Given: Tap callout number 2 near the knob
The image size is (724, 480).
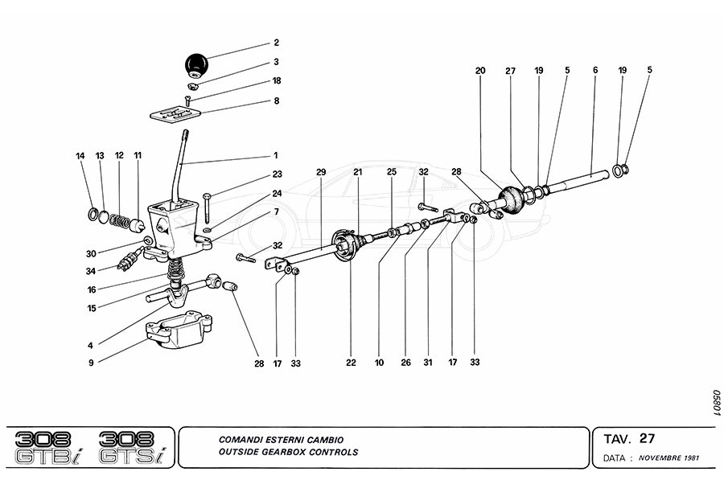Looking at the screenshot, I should click(276, 42).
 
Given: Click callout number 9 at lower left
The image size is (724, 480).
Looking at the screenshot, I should click(92, 363).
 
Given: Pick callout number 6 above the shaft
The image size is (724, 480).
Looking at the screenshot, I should click(595, 70).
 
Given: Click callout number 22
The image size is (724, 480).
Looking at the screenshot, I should click(351, 363).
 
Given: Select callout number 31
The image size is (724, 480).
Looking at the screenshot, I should click(428, 363).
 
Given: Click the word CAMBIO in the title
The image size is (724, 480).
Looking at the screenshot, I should click(326, 441).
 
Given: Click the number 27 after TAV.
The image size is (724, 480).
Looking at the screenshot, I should click(647, 438).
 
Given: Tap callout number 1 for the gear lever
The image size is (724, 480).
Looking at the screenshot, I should click(275, 154).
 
